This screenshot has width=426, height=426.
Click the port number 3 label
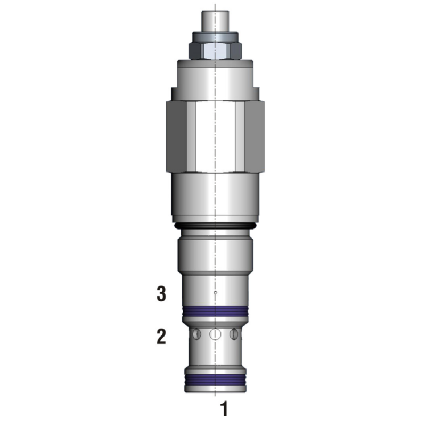coord(161,294)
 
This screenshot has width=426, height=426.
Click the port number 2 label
coord(161,337)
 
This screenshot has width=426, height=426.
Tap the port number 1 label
coord(224,409)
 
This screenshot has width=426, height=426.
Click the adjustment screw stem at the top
coord(215,21)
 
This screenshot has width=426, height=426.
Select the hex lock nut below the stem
coord(215,51)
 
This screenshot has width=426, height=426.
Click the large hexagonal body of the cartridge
coord(215,136)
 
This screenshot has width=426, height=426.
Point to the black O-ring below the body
coord(215,226)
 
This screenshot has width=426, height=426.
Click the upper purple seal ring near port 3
coord(215,312)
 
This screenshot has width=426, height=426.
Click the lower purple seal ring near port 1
coord(215,380)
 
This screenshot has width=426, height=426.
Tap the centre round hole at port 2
coord(215,334)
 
